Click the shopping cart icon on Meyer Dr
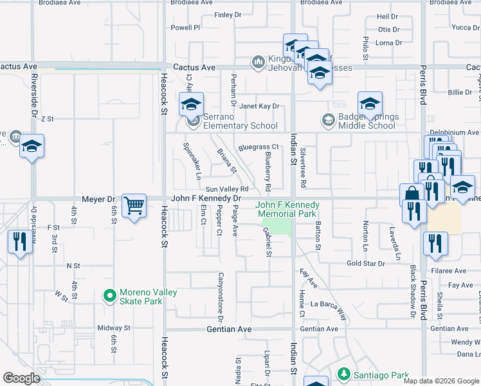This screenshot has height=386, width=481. tap(134, 206)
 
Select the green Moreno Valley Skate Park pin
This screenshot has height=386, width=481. tap(109, 297)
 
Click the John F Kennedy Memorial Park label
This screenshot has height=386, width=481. tap(287, 210)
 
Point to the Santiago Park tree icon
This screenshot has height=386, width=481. tap(343, 374)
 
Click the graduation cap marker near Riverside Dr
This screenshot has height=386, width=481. tap(32, 145)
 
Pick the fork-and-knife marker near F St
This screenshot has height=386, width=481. tap(20, 242)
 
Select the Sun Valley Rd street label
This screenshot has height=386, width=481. tap(227, 189)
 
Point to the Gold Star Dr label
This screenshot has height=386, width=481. tap(365, 264)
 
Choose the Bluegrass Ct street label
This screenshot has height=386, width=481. tap(258, 147)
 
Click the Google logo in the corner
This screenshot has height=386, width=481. tap(21, 378)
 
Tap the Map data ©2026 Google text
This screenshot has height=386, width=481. tap(440, 381)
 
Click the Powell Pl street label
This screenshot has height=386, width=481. tap(186, 28)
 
